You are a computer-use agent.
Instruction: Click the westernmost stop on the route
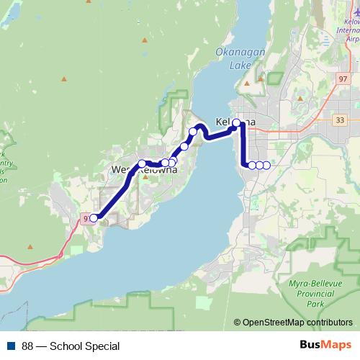tap(94, 217)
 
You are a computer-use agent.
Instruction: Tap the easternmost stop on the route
tap(266, 166)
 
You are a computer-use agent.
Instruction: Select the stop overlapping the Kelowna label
tap(237, 123)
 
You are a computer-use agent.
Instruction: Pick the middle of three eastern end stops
tap(259, 166)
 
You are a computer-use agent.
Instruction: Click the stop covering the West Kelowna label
tap(143, 163)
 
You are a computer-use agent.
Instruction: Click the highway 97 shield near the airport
tap(341, 78)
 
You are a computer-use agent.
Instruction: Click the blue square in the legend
tap(11, 346)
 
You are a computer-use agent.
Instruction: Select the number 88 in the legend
tap(27, 346)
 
